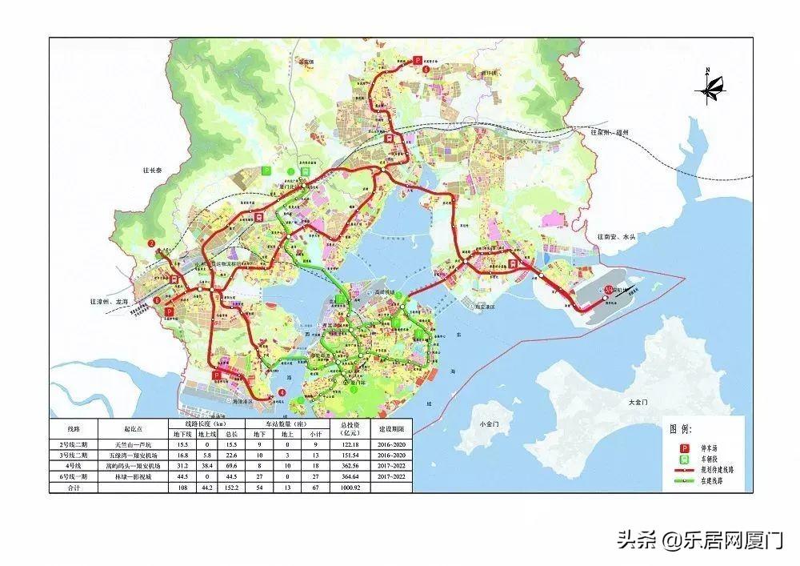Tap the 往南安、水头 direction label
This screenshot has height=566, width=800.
click(617, 237)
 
